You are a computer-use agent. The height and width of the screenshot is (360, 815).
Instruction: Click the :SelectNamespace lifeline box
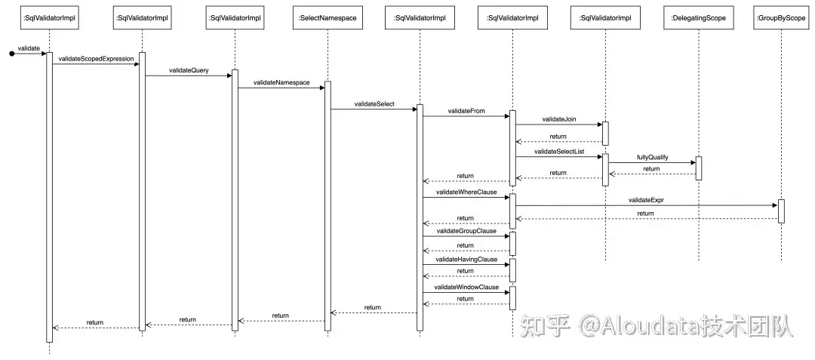click(x=328, y=17)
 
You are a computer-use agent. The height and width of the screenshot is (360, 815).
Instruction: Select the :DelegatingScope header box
click(x=698, y=17)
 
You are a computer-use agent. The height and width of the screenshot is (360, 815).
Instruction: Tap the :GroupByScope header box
click(x=780, y=17)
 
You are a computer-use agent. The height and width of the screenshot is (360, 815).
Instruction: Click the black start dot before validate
click(x=11, y=54)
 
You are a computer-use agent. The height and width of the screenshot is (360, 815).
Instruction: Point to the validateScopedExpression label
click(x=96, y=59)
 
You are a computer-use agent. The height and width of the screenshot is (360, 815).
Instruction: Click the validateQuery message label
click(x=189, y=69)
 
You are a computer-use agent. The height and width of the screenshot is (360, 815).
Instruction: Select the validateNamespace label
click(x=281, y=82)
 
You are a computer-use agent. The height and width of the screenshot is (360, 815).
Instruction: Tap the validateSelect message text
click(x=374, y=103)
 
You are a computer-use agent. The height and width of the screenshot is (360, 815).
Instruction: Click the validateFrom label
click(x=466, y=111)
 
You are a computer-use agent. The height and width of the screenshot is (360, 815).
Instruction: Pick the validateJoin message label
click(x=559, y=118)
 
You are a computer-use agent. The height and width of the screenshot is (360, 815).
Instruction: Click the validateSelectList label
click(x=559, y=152)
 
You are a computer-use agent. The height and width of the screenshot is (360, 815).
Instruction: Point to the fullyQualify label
click(x=652, y=158)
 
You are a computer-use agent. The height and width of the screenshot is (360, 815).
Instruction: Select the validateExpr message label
click(x=645, y=200)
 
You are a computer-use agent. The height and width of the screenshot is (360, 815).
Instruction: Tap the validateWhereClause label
click(x=466, y=192)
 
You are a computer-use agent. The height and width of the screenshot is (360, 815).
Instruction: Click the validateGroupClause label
click(x=466, y=231)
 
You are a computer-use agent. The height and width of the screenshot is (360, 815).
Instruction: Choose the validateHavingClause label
click(x=466, y=259)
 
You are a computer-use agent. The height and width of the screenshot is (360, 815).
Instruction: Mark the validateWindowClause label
click(x=466, y=288)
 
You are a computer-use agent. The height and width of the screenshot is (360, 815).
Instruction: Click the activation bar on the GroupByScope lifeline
click(x=781, y=211)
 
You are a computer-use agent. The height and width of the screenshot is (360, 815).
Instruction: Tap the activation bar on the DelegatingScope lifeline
click(x=698, y=168)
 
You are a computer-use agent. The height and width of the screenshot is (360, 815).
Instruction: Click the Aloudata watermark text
click(x=657, y=326)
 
